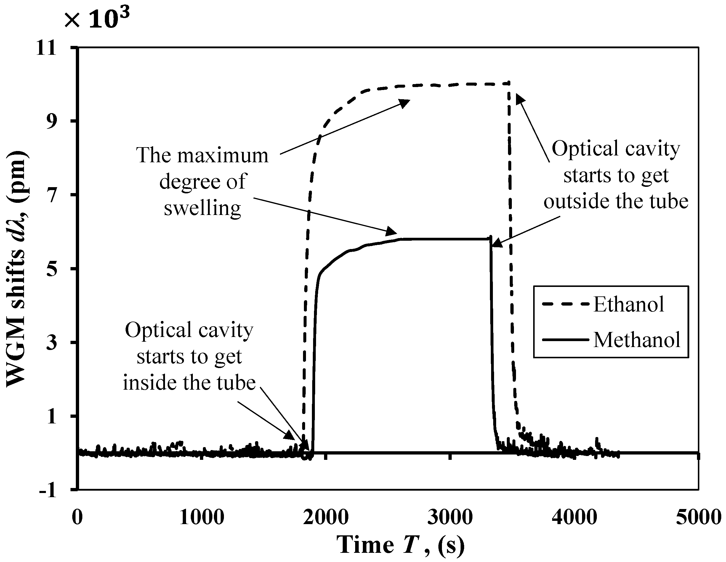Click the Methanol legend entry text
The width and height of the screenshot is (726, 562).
tap(637, 340)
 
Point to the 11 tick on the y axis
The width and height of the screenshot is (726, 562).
tap(47, 49)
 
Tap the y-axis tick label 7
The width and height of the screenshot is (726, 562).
tap(51, 195)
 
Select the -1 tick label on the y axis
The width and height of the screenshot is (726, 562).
tap(47, 490)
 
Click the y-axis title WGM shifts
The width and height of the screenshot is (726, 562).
tap(17, 269)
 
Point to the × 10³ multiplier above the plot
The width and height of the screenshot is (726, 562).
tap(96, 18)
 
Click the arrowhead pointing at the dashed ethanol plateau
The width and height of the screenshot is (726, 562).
tap(405, 103)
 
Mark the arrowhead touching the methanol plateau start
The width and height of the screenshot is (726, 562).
tap(392, 231)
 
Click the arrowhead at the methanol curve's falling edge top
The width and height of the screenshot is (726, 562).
tap(496, 243)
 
